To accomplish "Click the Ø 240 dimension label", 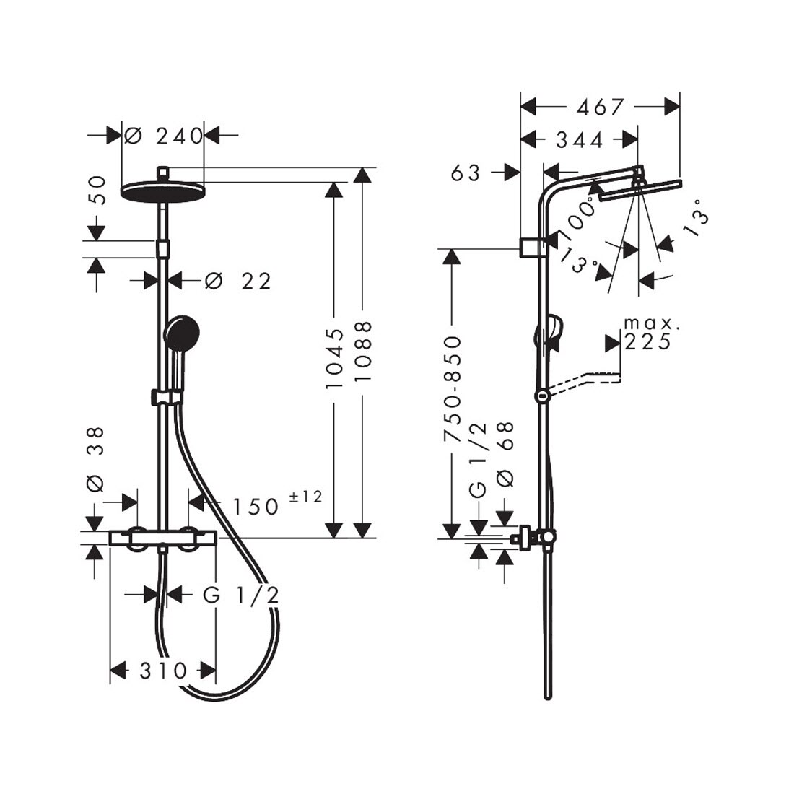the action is click(163, 136).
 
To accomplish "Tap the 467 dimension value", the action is click(600, 107).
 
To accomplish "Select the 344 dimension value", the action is click(580, 140).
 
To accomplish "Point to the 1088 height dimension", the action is click(364, 352).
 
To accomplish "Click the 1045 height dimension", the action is click(335, 359).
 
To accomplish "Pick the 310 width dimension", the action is click(163, 671).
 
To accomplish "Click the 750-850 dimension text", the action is click(452, 388).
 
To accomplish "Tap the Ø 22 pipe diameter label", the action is click(238, 281).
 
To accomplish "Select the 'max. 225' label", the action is click(648, 333).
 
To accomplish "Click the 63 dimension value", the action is click(466, 173).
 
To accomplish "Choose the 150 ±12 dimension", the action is click(276, 503).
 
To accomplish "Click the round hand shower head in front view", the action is click(182, 333).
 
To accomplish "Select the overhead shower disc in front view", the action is click(162, 191).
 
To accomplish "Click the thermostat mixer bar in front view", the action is click(163, 538).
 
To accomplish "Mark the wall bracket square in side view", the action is click(529, 247).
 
